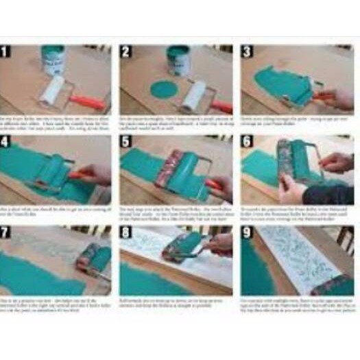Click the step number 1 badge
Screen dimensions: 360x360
6,51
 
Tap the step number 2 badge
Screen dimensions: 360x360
125,51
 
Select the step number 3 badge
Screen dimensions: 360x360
247,51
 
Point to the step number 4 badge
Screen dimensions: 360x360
6,142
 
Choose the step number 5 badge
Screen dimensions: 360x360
125,142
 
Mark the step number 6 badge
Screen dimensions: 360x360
247,142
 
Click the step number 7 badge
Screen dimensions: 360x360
6,231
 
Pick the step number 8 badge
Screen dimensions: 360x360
125,231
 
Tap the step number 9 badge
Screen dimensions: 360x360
247,231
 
